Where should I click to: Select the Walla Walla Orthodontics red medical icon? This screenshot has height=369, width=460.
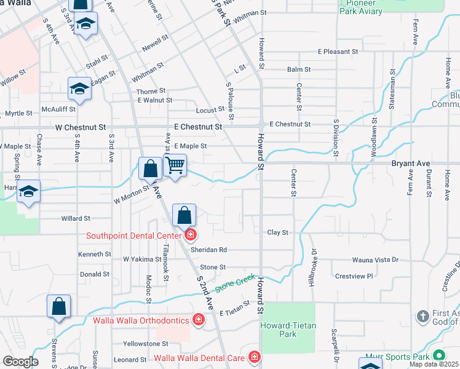(x=198, y=319)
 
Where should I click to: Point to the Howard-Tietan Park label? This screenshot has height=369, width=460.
(x=286, y=330)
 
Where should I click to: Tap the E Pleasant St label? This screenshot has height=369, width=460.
(x=338, y=52)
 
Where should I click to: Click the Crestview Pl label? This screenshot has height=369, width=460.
(x=354, y=276)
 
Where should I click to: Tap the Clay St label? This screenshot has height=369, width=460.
(x=278, y=232)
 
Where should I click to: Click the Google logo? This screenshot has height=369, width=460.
(x=21, y=362)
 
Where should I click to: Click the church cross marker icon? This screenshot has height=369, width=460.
(x=422, y=317)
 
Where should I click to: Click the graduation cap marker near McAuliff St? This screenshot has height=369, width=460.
(x=79, y=90)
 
